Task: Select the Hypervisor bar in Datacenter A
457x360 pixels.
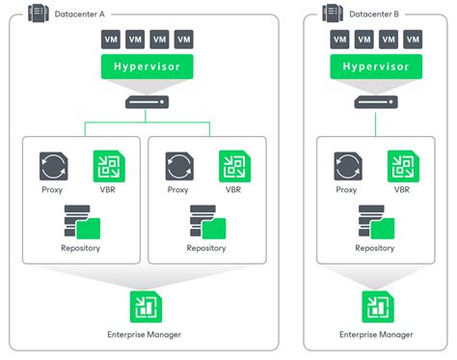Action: (148, 68)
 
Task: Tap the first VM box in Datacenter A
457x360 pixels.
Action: (111, 40)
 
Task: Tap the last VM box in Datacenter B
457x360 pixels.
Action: (413, 40)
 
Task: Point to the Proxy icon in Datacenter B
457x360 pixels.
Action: (347, 166)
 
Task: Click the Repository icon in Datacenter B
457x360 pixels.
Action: (374, 221)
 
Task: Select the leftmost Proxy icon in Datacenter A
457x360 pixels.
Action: (52, 166)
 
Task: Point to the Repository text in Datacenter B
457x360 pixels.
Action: (374, 248)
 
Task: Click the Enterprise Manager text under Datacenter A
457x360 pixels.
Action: (147, 334)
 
